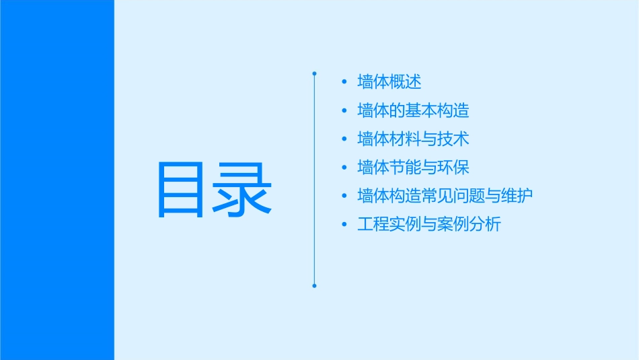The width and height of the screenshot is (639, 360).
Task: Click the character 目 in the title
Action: [x=182, y=190]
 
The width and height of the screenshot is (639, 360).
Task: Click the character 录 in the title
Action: [x=244, y=190]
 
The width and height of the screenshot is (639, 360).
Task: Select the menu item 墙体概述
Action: [x=389, y=82]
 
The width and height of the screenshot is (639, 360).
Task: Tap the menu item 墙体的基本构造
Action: [x=413, y=110]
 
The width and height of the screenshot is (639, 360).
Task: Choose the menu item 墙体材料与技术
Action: [x=413, y=139]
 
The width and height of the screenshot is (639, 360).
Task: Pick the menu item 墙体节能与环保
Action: [x=413, y=168]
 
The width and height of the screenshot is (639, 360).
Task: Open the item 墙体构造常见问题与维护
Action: [x=445, y=196]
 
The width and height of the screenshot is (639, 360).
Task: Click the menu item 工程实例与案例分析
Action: [x=429, y=225]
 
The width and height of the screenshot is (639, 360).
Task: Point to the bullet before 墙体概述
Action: [x=344, y=82]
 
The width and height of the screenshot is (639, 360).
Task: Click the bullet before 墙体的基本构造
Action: [x=344, y=110]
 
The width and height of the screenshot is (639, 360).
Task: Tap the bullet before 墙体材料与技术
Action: [x=344, y=139]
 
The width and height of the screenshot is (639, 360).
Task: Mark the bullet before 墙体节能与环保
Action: [x=344, y=168]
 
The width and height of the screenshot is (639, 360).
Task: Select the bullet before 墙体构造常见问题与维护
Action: [x=344, y=196]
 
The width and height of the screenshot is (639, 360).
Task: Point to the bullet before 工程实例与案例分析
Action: [x=344, y=225]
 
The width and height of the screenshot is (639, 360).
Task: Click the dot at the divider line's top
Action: [x=314, y=72]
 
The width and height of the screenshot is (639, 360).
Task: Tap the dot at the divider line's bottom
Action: [x=314, y=286]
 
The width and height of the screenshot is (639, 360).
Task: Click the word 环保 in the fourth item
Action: [x=453, y=168]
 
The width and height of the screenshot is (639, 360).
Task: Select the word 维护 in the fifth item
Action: [x=517, y=196]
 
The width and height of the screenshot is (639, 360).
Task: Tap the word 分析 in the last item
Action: [x=485, y=225]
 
